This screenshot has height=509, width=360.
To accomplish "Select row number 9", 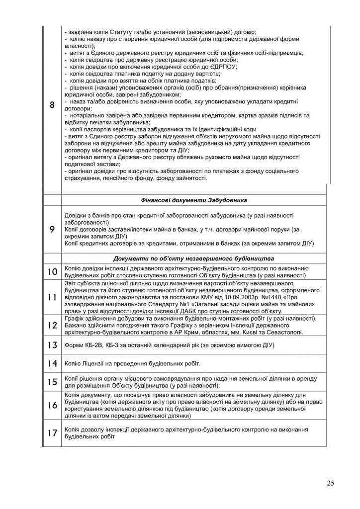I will pyautogui.click(x=52, y=229).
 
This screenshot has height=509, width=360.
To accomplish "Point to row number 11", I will pyautogui.click(x=52, y=297).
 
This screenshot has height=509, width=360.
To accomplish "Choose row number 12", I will pyautogui.click(x=52, y=325).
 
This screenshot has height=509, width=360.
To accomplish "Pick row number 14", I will pyautogui.click(x=52, y=363).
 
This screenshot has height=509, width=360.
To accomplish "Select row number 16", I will pyautogui.click(x=52, y=405).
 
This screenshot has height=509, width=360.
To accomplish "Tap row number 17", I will pyautogui.click(x=52, y=432).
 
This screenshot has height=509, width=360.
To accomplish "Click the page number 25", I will pyautogui.click(x=331, y=483).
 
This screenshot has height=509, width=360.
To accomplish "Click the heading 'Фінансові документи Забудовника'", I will pyautogui.click(x=194, y=200).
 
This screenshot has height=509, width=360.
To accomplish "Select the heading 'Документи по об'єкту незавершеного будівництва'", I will pyautogui.click(x=194, y=258).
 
